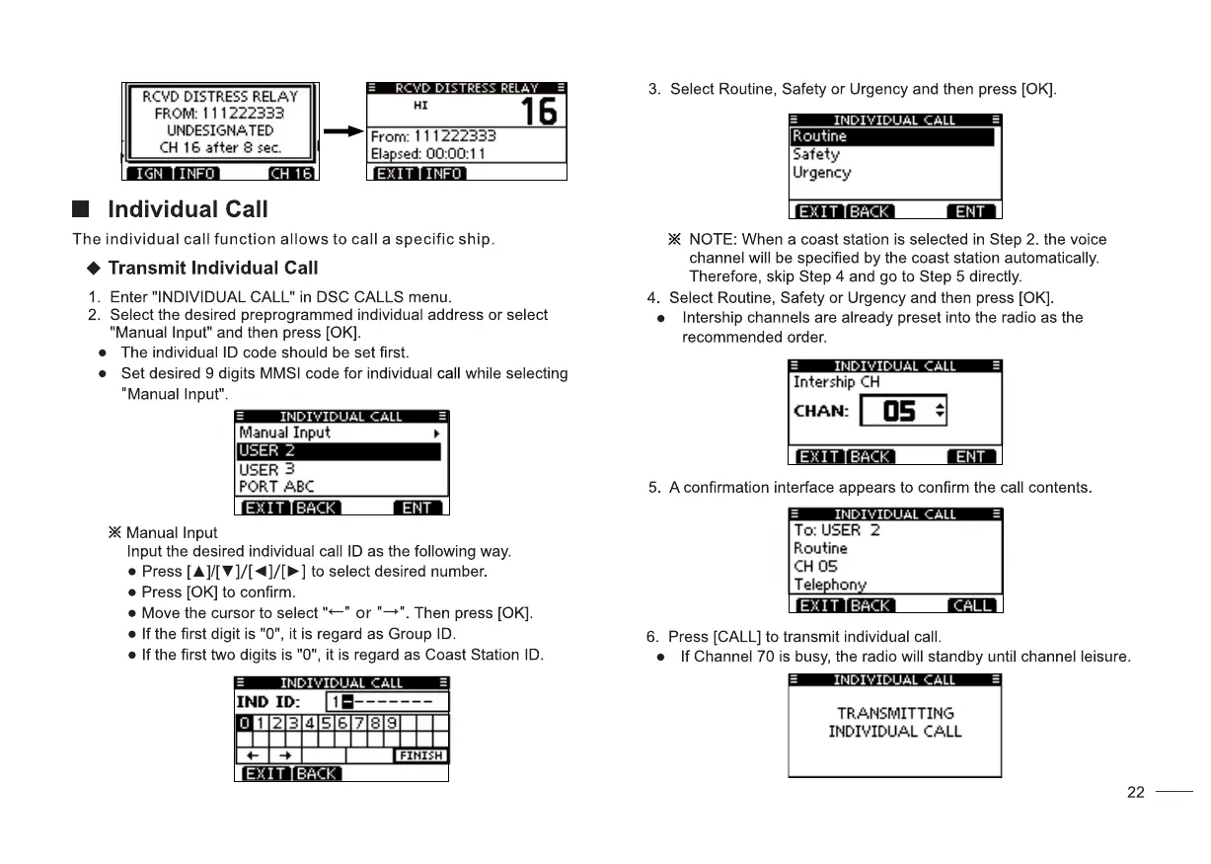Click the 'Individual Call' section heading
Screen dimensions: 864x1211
[x=188, y=210]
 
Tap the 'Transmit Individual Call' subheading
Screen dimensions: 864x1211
[x=213, y=269]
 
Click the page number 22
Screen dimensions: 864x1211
[x=1136, y=792]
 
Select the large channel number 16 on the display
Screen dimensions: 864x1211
[x=539, y=111]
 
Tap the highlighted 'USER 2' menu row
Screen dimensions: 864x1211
[x=339, y=451]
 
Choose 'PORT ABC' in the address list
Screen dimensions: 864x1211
[x=276, y=487]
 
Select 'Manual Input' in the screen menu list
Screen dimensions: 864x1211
[x=285, y=432]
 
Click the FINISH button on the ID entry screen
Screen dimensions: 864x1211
[x=420, y=755]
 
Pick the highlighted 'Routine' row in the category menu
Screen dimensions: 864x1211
[x=892, y=136]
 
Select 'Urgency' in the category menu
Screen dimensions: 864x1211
[x=821, y=173]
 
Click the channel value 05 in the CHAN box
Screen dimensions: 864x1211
[x=899, y=411]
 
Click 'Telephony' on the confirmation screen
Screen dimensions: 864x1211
[x=830, y=585]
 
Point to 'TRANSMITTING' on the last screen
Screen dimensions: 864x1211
[x=895, y=713]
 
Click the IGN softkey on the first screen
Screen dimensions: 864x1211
[x=149, y=174]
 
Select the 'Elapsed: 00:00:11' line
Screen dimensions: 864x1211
[x=427, y=154]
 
